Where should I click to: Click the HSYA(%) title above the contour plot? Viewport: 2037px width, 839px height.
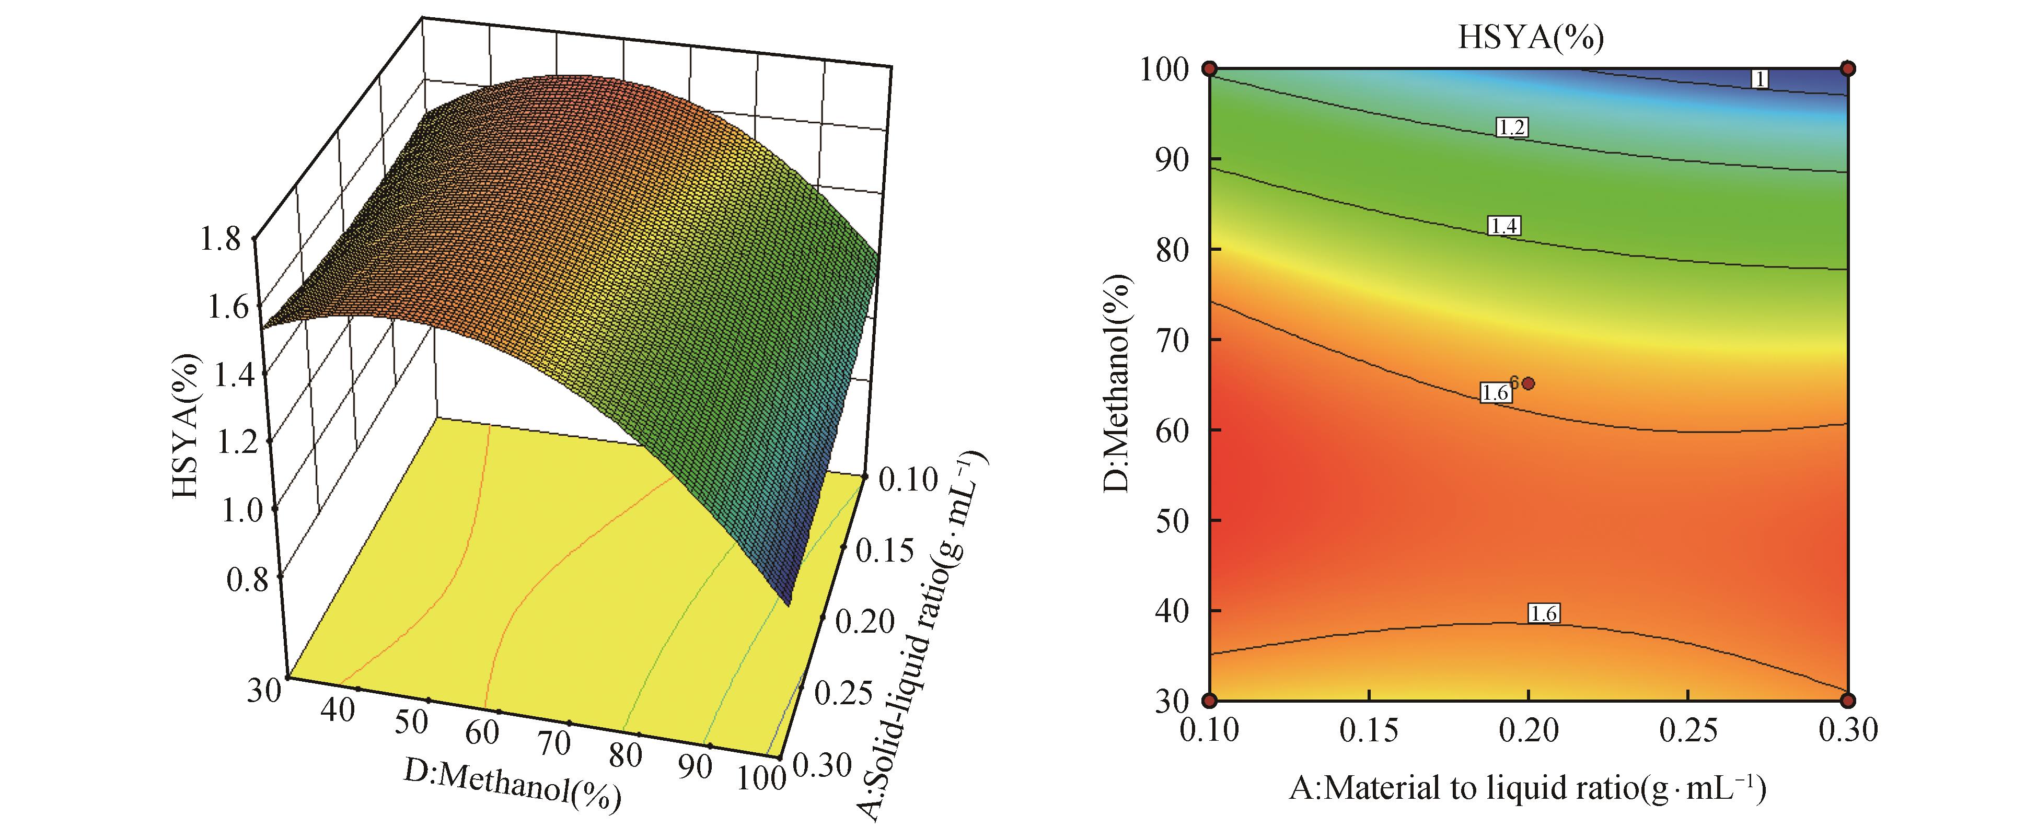pyautogui.click(x=1530, y=37)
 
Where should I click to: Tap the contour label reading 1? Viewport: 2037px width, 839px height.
pyautogui.click(x=1760, y=79)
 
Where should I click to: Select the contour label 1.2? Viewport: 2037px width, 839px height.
pyautogui.click(x=1511, y=127)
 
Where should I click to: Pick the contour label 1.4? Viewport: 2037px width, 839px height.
pyautogui.click(x=1503, y=226)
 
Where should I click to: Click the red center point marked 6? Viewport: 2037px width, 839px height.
pyautogui.click(x=1529, y=383)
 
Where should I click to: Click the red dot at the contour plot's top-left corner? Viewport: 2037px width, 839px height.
pyautogui.click(x=1210, y=69)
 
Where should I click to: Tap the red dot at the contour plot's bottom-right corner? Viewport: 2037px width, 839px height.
pyautogui.click(x=1848, y=700)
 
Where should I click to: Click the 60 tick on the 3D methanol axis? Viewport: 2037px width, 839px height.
pyautogui.click(x=482, y=732)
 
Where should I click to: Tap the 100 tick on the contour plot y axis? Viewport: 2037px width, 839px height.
pyautogui.click(x=1163, y=69)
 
